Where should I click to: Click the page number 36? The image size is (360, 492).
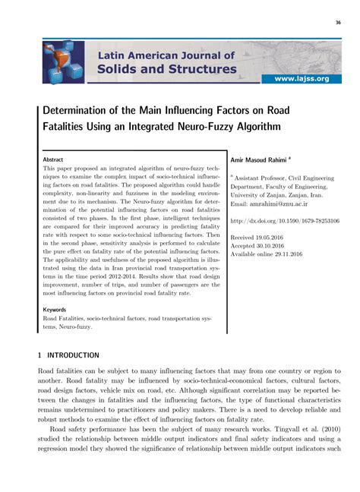point(336,22)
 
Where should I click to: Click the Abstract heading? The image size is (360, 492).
point(53,161)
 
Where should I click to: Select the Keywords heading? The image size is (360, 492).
point(55,310)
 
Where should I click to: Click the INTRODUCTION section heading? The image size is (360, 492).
point(73,355)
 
